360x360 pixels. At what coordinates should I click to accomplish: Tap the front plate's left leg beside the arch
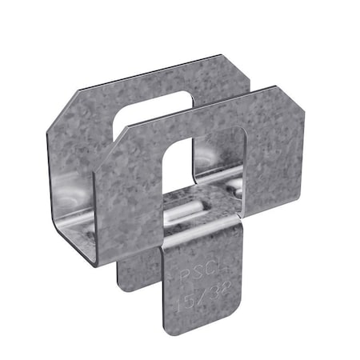click(x=132, y=200)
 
